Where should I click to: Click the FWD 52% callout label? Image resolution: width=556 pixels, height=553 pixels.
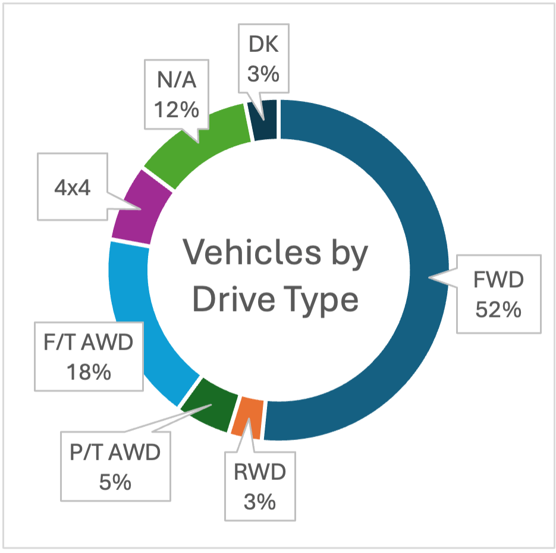pos(498,294)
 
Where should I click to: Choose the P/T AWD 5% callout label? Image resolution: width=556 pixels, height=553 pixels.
pos(114,467)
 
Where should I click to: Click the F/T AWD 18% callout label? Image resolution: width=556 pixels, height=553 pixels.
pos(89,357)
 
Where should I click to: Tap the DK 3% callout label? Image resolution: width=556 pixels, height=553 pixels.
pos(262,58)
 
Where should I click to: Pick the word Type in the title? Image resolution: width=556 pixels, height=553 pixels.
pos(319,300)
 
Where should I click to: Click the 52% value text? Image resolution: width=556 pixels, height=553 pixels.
pos(498,309)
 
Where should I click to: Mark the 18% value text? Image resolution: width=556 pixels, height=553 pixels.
pos(89,372)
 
